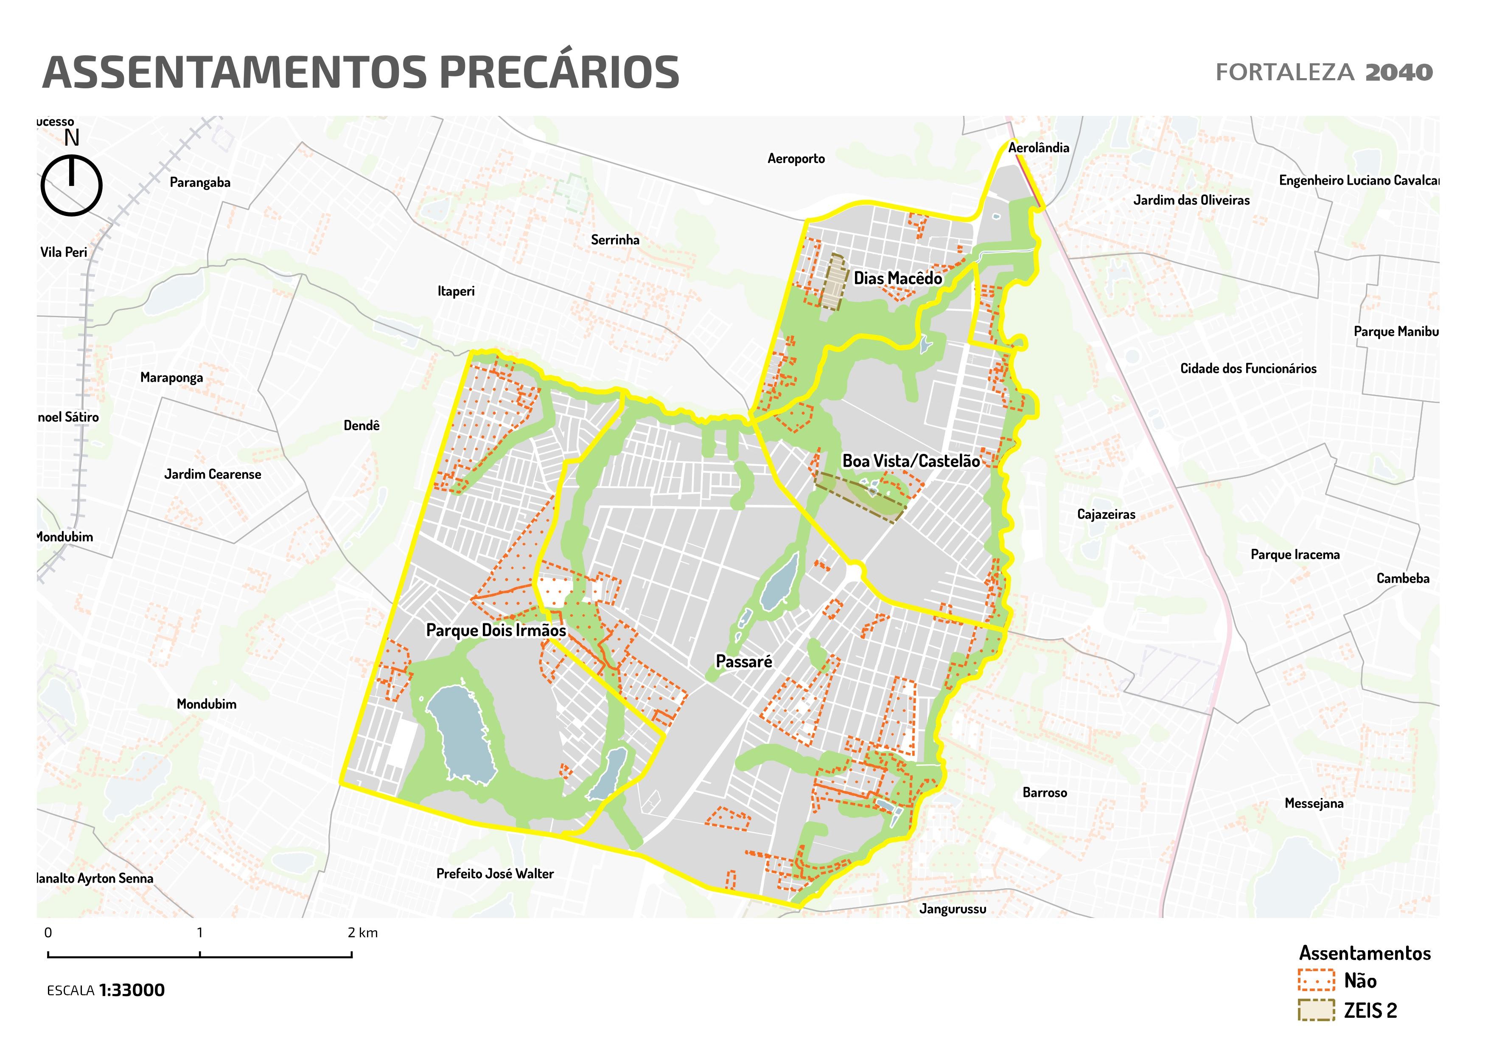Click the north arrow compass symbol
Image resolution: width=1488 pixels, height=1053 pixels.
pos(71,185)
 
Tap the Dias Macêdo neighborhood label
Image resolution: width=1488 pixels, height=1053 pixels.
pos(898,279)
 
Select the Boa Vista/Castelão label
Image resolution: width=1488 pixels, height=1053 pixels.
pos(911,461)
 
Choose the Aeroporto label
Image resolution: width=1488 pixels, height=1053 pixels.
pos(796,159)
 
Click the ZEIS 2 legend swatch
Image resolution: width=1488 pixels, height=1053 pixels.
pos(1316,1010)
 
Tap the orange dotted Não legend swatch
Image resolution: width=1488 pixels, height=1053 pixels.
pos(1316,980)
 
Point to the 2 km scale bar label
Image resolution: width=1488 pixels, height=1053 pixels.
pos(362,933)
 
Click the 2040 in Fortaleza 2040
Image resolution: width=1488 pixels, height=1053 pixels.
pos(1398,72)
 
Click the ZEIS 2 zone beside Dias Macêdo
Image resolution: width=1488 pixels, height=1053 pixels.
pos(834,282)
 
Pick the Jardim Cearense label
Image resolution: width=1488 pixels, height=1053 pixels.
pos(213,475)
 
